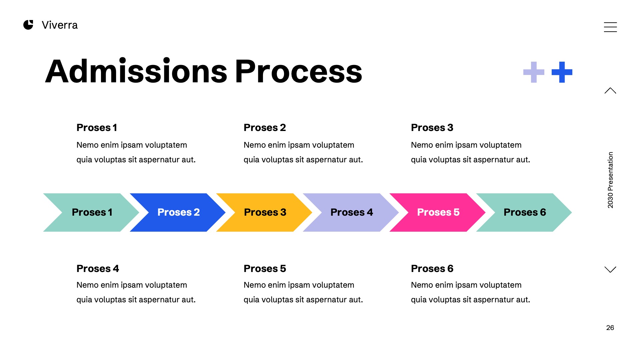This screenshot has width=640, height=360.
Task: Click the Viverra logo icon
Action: pyautogui.click(x=28, y=25)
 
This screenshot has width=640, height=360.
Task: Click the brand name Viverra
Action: pyautogui.click(x=60, y=25)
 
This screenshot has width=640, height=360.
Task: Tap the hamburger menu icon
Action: pyautogui.click(x=610, y=27)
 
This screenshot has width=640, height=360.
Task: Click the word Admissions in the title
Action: pyautogui.click(x=136, y=72)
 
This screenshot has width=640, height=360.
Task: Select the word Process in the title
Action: pyautogui.click(x=298, y=72)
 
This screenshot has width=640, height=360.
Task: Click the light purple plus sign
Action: pyautogui.click(x=534, y=72)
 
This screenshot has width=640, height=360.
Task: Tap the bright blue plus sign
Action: pyautogui.click(x=562, y=72)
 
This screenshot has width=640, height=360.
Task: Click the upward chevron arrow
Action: pyautogui.click(x=610, y=91)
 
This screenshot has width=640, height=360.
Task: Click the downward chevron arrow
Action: pyautogui.click(x=610, y=269)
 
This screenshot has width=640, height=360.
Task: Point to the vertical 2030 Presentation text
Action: pyautogui.click(x=610, y=180)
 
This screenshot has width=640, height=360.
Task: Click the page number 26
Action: pyautogui.click(x=610, y=328)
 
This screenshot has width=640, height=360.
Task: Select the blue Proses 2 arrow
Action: pyautogui.click(x=178, y=212)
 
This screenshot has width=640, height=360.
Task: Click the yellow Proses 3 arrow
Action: pyautogui.click(x=265, y=212)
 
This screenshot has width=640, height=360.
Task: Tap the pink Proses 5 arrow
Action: pyautogui.click(x=438, y=212)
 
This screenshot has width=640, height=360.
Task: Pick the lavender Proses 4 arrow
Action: pyautogui.click(x=351, y=212)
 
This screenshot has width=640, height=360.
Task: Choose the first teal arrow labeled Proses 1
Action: pyautogui.click(x=92, y=212)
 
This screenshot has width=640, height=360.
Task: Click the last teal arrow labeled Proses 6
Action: pyautogui.click(x=525, y=212)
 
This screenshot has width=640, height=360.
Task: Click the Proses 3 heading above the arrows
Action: pyautogui.click(x=432, y=128)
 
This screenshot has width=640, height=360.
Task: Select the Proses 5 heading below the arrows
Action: pyautogui.click(x=265, y=269)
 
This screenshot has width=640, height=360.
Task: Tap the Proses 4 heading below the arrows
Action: pyautogui.click(x=98, y=269)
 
